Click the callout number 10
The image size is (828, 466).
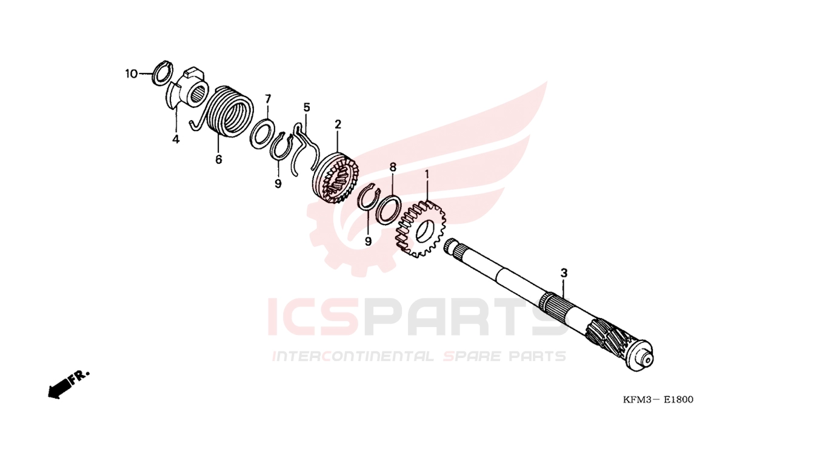pos(131,74)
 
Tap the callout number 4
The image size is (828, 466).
pos(176,140)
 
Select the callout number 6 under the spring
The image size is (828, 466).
pos(218,160)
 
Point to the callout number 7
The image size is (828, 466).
pos(268,99)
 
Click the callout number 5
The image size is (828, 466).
pos(307,108)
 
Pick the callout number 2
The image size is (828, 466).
pos(338,125)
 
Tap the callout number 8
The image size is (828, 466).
pos(393,167)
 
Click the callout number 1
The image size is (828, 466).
pos(427,175)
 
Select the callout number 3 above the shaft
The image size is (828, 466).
pos(564,273)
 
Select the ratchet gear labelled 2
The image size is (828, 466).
pos(336,178)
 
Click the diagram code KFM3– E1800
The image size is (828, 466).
pos(658,400)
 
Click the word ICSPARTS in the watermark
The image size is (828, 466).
pos(418,317)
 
